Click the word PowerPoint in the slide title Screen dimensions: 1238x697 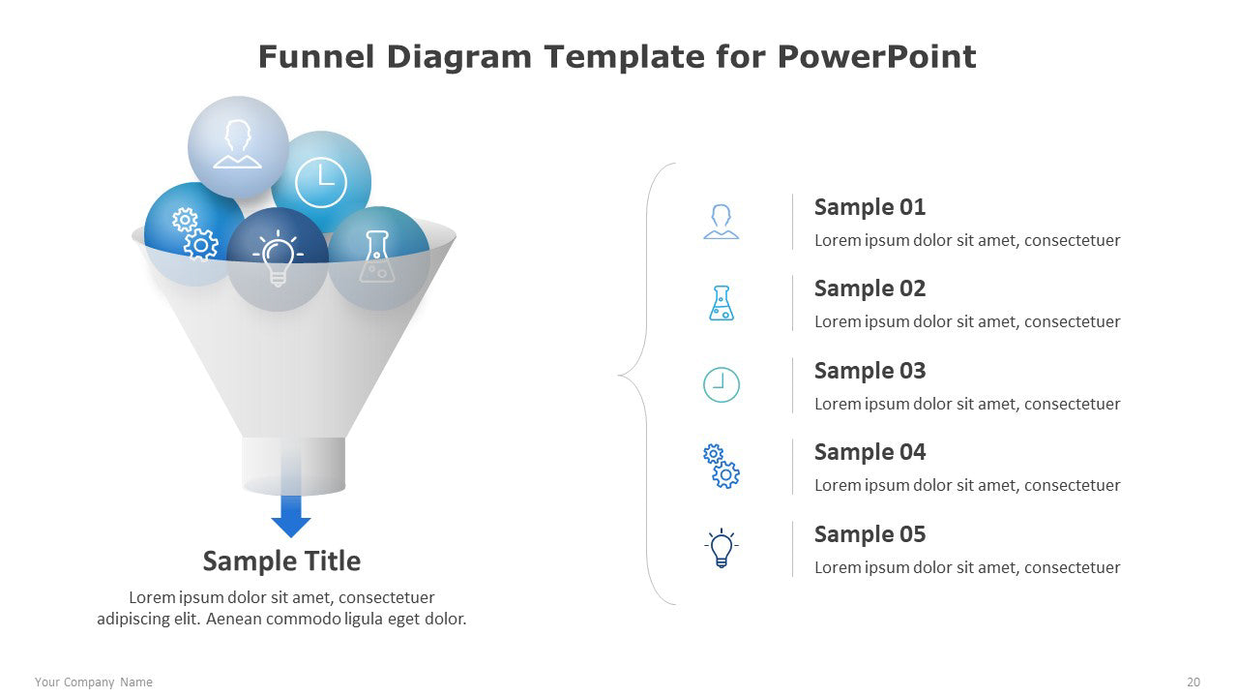876,57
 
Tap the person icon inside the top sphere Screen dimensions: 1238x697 238,144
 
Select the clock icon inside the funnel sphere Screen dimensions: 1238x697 321,183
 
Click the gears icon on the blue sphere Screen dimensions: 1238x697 195,233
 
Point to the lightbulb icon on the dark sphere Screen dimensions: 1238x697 278,258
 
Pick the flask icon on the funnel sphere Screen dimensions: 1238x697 377,257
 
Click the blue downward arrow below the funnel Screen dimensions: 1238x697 291,516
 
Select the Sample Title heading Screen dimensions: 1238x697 281,561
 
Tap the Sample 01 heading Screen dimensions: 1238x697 870,207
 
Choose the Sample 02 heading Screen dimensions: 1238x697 870,288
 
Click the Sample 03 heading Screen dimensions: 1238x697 870,371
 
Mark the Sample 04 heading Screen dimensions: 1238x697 870,452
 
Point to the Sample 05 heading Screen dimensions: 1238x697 870,534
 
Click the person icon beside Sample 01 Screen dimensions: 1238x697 722,222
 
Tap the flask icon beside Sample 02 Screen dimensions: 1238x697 722,303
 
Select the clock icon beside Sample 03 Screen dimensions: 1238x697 722,384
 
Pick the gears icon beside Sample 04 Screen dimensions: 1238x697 722,466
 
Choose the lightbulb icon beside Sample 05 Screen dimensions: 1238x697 722,548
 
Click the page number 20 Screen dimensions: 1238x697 1194,682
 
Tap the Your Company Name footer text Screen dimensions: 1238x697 94,682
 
